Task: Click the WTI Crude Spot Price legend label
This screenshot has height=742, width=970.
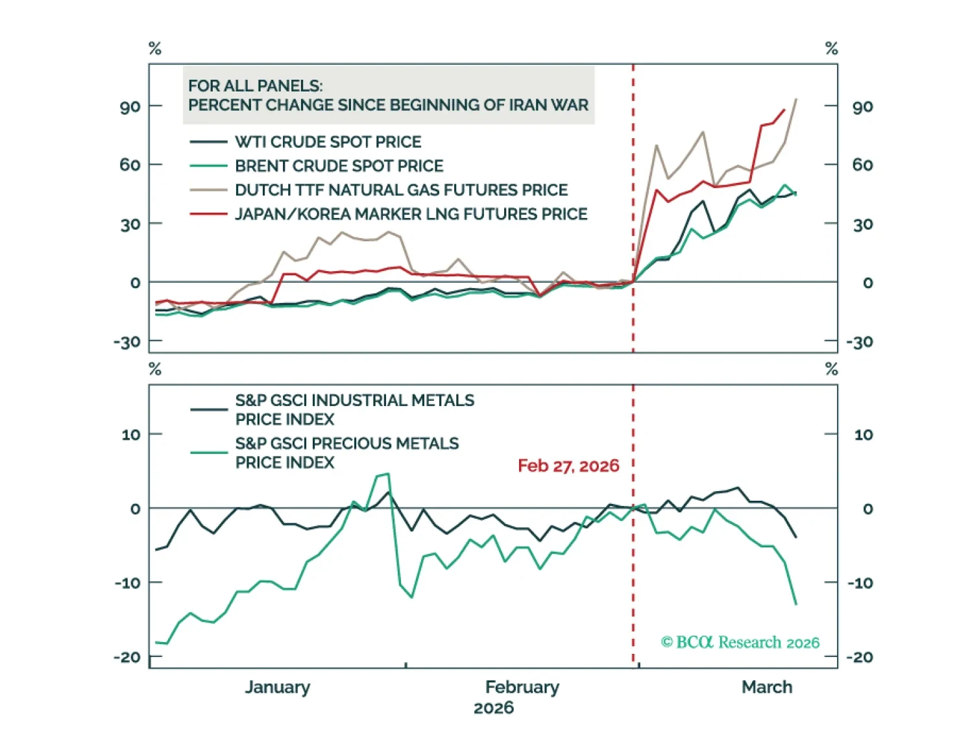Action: [x=328, y=141]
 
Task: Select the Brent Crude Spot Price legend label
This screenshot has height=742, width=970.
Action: [x=339, y=165]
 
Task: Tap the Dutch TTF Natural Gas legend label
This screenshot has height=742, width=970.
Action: [x=401, y=189]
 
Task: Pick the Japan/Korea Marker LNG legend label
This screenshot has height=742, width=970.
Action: [x=411, y=213]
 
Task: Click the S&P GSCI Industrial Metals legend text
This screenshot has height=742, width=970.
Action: [x=354, y=409]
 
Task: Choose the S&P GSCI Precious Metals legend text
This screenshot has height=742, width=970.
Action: [x=346, y=453]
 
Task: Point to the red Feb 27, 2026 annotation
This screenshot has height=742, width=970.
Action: [x=568, y=466]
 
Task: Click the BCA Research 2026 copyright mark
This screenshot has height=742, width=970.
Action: [x=740, y=642]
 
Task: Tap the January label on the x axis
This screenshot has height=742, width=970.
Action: [x=277, y=687]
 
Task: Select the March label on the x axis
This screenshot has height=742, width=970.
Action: [x=767, y=687]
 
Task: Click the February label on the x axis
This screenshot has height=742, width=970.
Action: [x=522, y=687]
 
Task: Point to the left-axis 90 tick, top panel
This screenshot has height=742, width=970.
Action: [x=130, y=106]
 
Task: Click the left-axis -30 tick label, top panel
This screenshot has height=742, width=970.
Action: [x=127, y=342]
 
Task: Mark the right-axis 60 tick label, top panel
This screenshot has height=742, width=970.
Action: [x=862, y=165]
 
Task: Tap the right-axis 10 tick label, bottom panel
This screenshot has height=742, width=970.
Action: [x=864, y=435]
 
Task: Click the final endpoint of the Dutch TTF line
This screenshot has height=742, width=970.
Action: [x=796, y=99]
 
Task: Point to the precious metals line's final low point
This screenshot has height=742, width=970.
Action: [x=796, y=604]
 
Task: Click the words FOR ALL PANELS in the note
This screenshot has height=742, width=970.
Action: [x=255, y=86]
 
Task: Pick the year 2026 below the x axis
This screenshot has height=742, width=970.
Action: [x=493, y=708]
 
